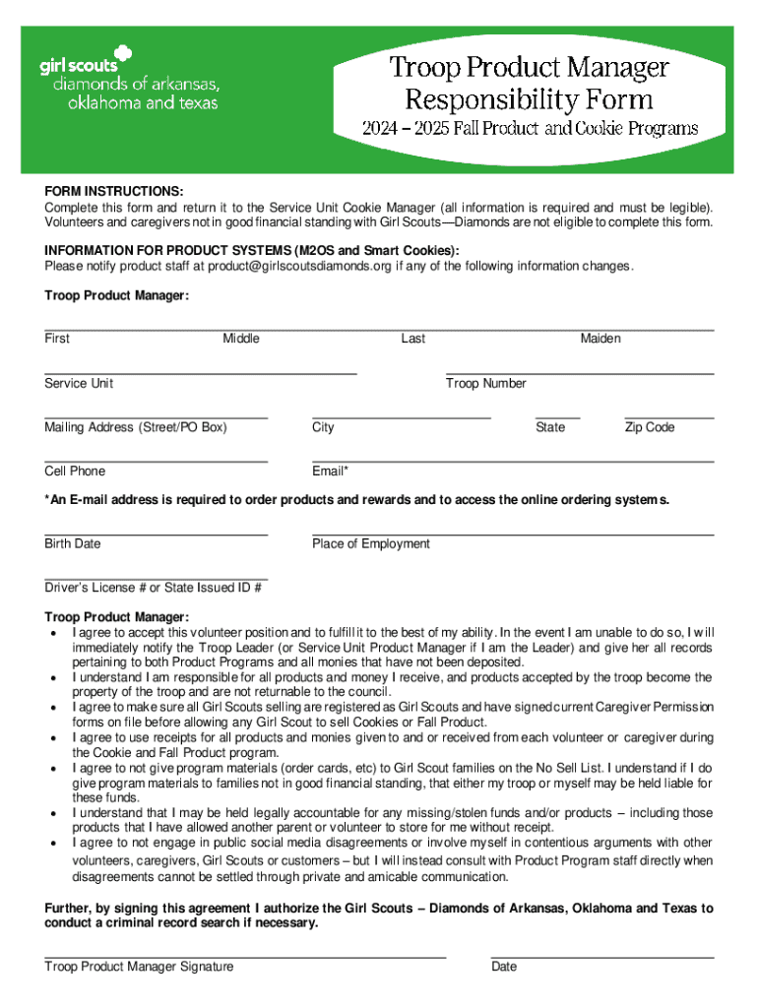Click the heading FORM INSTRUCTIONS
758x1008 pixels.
click(x=113, y=190)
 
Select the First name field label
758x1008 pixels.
click(x=57, y=339)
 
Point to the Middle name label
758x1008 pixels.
click(x=241, y=339)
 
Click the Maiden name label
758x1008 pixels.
click(x=600, y=339)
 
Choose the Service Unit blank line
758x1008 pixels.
click(x=200, y=373)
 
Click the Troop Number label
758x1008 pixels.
click(x=486, y=383)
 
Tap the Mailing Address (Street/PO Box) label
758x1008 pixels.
click(x=135, y=427)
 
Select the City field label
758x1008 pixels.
click(x=323, y=427)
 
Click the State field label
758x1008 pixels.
click(x=550, y=427)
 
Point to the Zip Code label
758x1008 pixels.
click(x=650, y=427)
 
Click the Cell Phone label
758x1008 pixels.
click(x=75, y=472)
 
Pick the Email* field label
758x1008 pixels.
click(x=330, y=472)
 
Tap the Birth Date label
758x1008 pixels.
click(x=72, y=543)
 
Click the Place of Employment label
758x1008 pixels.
click(x=371, y=543)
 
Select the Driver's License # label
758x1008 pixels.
click(x=153, y=588)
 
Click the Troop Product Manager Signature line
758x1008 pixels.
click(x=245, y=955)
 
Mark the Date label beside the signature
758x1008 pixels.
click(x=504, y=967)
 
